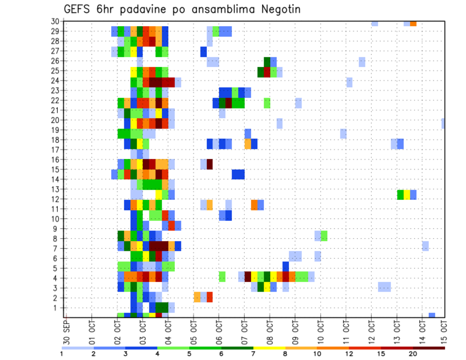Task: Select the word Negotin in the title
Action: [x=282, y=9]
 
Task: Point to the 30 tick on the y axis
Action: [x=56, y=21]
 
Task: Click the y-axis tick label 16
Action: [x=56, y=160]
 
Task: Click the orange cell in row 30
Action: [x=413, y=23]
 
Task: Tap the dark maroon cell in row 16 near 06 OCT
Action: [x=210, y=164]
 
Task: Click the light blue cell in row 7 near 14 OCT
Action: [x=425, y=246]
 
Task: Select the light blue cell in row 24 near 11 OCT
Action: [x=349, y=82]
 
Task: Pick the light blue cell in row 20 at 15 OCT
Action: [x=443, y=123]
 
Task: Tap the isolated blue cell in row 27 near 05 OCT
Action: [x=203, y=51]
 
